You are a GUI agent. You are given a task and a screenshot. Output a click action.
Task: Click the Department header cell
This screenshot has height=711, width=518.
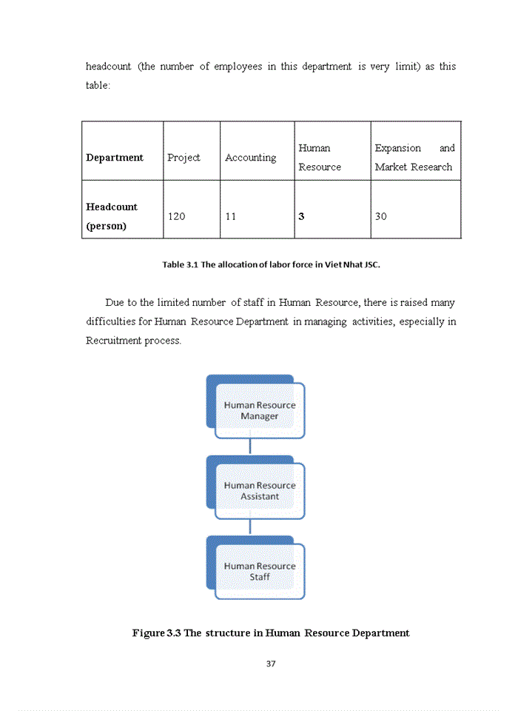(115, 158)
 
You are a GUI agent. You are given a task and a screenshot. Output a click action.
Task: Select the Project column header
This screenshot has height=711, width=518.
(184, 158)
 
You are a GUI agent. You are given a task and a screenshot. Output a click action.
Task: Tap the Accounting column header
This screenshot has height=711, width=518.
(250, 158)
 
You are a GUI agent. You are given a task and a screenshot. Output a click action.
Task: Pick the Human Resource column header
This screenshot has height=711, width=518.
(320, 158)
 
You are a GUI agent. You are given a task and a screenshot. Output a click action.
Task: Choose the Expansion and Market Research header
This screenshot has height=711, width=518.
(414, 158)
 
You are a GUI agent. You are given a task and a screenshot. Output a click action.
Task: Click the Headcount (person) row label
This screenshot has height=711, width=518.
(112, 216)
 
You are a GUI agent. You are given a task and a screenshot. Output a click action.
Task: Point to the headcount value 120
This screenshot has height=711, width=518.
(176, 216)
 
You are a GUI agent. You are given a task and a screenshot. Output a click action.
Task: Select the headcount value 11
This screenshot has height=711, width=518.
(231, 216)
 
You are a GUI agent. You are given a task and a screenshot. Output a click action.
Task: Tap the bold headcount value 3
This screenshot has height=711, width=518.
(301, 216)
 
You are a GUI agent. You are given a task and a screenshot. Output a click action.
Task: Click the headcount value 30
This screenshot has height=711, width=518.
(380, 216)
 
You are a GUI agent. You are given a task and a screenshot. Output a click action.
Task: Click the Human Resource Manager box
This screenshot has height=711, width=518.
(259, 410)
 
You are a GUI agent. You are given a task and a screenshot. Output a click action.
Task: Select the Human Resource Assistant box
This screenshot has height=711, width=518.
(259, 491)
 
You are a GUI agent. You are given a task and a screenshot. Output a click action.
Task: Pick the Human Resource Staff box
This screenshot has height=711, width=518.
(259, 571)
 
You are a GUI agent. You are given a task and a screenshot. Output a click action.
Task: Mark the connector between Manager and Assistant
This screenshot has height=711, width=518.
(250, 447)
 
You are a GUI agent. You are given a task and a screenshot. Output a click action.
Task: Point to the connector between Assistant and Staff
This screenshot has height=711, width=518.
(250, 527)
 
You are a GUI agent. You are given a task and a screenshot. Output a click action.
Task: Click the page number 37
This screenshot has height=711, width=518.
(271, 664)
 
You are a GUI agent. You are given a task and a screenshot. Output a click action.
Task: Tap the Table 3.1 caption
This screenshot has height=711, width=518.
(271, 264)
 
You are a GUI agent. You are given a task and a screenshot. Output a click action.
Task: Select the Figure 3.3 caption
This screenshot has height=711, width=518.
(271, 633)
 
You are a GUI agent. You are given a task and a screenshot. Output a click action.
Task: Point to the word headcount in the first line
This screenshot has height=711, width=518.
(108, 67)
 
